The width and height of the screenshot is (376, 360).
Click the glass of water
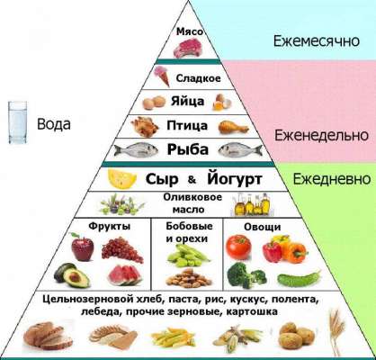click(x=17, y=122)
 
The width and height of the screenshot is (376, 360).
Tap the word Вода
click(x=54, y=124)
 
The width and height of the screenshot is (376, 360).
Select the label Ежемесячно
click(x=317, y=40)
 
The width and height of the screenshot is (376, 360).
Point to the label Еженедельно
click(x=321, y=135)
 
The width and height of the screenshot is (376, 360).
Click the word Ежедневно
click(x=332, y=179)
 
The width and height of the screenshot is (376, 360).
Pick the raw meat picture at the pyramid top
click(x=185, y=48)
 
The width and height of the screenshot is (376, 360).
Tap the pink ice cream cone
click(x=162, y=76)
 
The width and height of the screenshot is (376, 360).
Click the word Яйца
click(x=188, y=101)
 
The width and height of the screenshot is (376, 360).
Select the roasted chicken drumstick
click(x=234, y=127)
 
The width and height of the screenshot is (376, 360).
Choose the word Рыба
click(x=188, y=149)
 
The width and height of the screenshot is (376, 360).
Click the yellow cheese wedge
click(x=122, y=179)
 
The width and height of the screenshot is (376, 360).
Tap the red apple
click(x=83, y=247)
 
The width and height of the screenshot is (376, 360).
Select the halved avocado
click(x=72, y=274)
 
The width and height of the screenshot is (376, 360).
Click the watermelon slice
click(x=124, y=275)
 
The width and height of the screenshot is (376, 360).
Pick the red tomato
click(x=238, y=247)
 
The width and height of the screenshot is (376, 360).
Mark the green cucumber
click(x=299, y=279)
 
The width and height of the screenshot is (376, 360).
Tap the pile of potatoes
click(x=297, y=335)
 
